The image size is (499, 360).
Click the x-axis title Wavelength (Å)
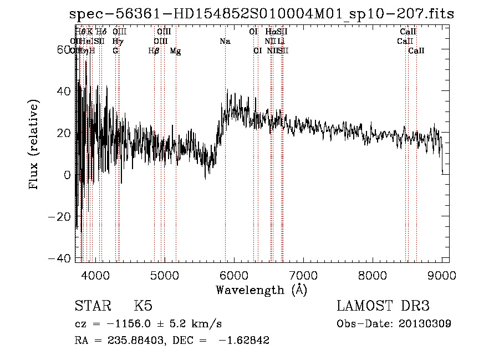click(x=261, y=290)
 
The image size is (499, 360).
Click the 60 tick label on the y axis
click(x=64, y=49)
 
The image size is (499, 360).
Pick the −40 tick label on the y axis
click(x=60, y=258)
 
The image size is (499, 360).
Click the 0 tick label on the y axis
click(x=67, y=175)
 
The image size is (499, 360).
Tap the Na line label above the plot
click(x=225, y=42)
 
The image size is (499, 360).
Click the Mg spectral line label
click(x=175, y=51)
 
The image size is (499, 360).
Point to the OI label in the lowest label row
click(x=257, y=51)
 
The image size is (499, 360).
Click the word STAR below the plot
click(x=92, y=306)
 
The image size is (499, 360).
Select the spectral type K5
click(x=143, y=306)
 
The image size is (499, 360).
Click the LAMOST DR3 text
click(x=383, y=306)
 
